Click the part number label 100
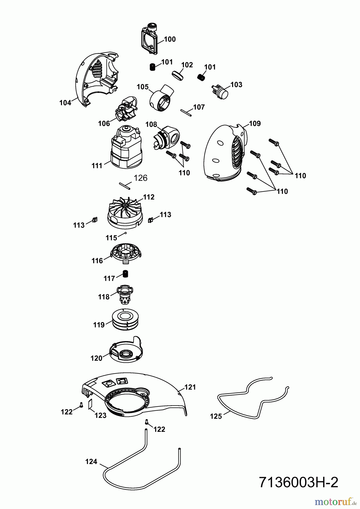point(170,39)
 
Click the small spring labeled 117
point(125,274)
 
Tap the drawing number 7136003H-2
point(298,482)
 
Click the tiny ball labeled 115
point(125,233)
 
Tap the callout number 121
point(190,387)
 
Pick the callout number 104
point(65,103)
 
